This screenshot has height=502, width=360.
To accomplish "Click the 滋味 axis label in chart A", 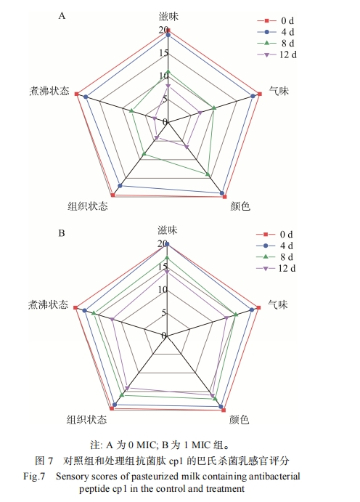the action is (x=168, y=16).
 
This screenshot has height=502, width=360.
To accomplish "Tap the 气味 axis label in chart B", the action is (x=278, y=304).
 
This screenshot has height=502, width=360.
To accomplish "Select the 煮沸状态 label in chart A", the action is (x=49, y=91).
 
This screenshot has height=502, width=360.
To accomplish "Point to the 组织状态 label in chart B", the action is (x=86, y=419).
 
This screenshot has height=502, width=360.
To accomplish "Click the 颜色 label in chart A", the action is (x=240, y=206).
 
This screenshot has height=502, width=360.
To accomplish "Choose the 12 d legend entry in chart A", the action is (x=277, y=54).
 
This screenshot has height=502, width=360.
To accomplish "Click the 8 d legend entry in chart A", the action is (x=276, y=43).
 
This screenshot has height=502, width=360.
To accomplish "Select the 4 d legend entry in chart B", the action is (x=275, y=246).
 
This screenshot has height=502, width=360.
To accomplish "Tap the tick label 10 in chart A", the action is (x=163, y=76).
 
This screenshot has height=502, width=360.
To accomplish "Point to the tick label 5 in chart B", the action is (x=164, y=313).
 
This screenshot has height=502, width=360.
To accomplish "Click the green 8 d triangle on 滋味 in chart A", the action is (x=168, y=72).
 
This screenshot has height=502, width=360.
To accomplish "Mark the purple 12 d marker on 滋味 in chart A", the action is (x=168, y=86).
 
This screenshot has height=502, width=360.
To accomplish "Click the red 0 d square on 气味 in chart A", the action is (x=260, y=94).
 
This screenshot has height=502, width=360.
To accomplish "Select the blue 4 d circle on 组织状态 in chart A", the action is (x=120, y=186).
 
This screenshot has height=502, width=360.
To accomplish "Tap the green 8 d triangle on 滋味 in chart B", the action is (x=167, y=257).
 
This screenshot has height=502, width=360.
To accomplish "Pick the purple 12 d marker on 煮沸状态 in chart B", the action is (x=112, y=319).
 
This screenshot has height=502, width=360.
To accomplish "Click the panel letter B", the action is (x=62, y=233).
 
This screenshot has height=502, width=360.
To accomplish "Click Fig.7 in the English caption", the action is (x=34, y=477).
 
